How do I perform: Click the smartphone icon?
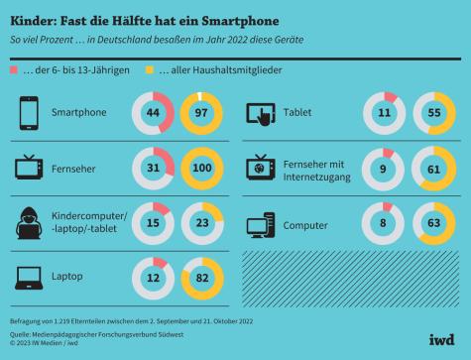click(26, 112)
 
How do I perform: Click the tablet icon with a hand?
click(262, 112)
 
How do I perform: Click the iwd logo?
click(441, 337)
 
